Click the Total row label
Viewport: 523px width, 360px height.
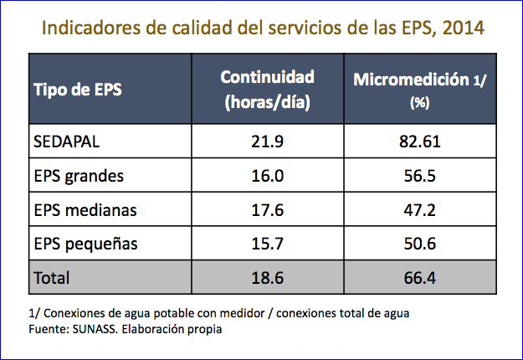(51, 277)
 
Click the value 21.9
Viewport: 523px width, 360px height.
(268, 141)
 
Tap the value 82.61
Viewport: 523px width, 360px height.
(418, 141)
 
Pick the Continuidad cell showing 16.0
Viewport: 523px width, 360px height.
(268, 176)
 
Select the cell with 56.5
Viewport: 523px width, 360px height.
(418, 176)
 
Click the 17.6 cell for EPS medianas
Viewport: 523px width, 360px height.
(268, 209)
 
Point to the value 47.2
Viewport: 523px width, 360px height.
(418, 209)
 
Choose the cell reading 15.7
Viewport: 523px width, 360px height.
(268, 244)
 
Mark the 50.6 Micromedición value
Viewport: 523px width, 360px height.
(418, 244)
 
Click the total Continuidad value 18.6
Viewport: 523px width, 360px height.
(268, 277)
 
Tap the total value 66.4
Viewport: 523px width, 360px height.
(418, 277)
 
